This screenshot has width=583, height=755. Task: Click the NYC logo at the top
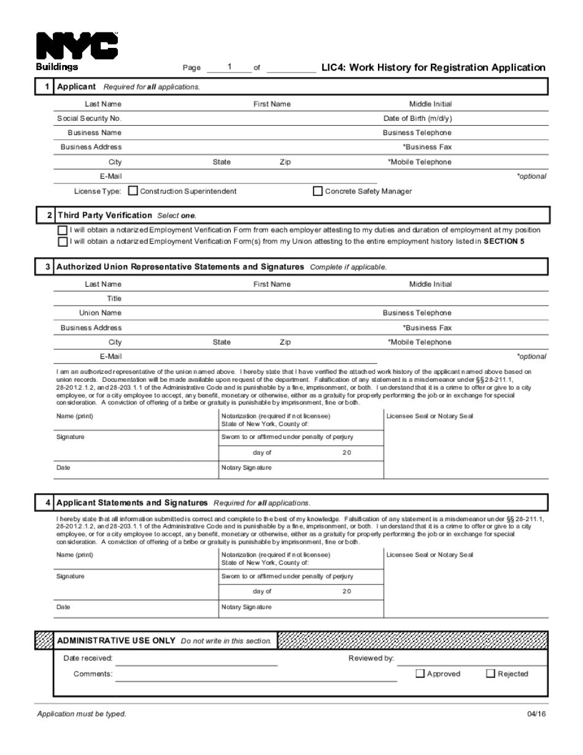coord(77,45)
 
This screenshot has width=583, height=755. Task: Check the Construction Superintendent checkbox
coord(133,191)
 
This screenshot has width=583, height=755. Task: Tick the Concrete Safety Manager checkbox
coord(317,191)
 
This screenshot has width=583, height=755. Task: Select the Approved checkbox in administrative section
coord(420,673)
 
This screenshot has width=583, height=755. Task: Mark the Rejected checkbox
coord(490,673)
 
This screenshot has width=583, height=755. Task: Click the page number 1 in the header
coord(229,66)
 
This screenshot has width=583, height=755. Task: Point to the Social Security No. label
coord(90,118)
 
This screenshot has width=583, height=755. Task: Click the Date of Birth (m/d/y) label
coord(417,118)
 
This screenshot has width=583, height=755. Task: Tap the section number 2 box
coord(49,215)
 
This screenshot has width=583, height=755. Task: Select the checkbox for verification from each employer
coord(62,230)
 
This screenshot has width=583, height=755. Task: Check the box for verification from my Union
coord(62,242)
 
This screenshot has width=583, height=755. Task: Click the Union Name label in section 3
coord(100,313)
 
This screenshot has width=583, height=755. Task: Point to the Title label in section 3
coord(114,299)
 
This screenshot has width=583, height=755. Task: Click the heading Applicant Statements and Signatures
coord(132,503)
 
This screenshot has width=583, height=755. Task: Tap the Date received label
coord(88,659)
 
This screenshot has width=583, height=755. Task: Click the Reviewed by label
coord(371,659)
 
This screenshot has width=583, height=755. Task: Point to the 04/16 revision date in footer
coord(536,714)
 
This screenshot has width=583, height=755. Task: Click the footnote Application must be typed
coord(82,714)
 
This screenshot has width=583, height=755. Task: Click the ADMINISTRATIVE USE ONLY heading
coord(116,640)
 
